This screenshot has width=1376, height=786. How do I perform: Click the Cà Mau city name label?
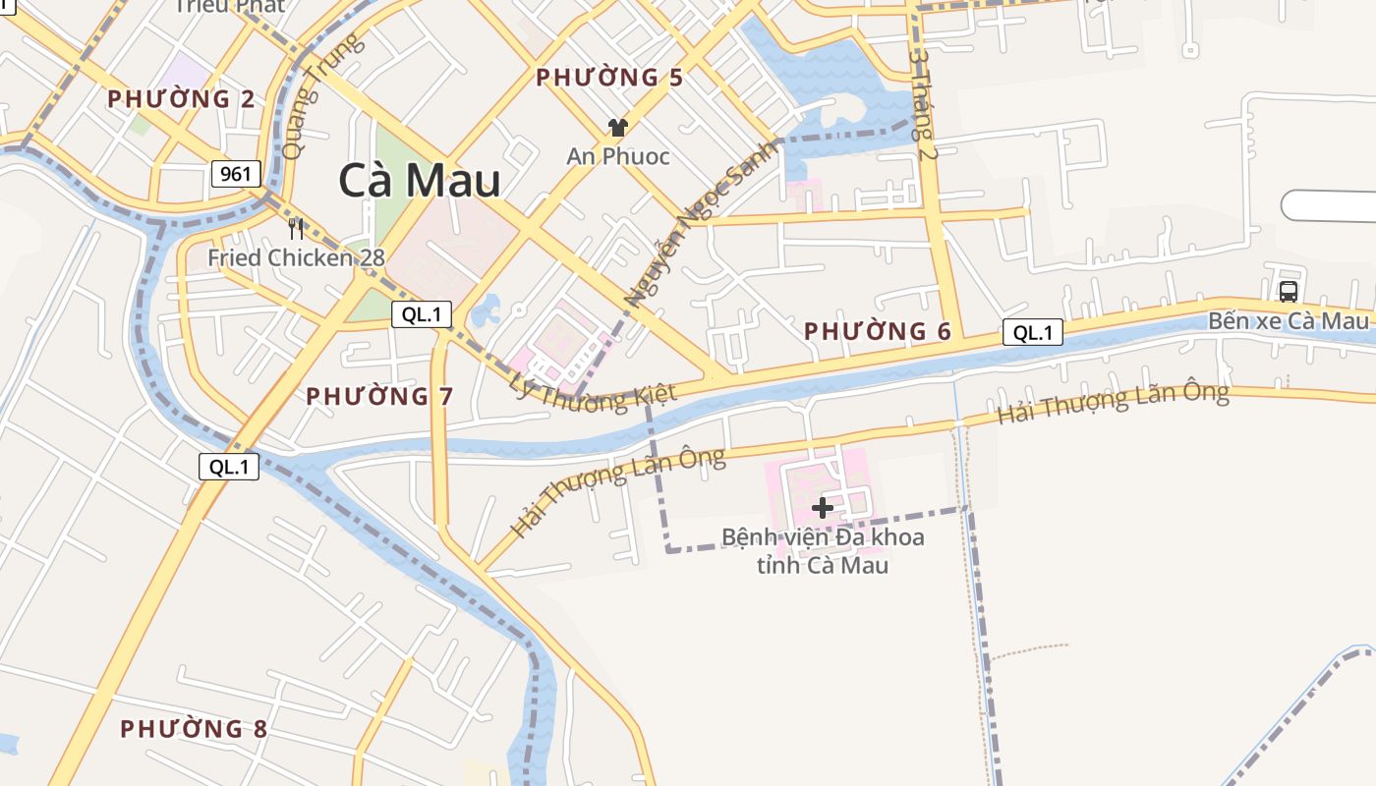click(x=420, y=181)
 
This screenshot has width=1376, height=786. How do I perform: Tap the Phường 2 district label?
click(x=181, y=99)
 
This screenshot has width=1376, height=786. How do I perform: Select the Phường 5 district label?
click(x=609, y=78)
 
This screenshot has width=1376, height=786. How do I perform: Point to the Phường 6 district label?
click(x=878, y=332)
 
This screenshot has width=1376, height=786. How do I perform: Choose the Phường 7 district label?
click(x=379, y=397)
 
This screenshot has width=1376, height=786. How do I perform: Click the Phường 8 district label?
click(x=194, y=729)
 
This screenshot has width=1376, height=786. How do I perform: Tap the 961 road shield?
click(x=236, y=175)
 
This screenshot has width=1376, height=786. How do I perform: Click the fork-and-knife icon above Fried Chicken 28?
click(x=296, y=229)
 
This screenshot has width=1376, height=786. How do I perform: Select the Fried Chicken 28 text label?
click(x=296, y=258)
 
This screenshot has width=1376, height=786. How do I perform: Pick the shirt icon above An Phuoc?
click(x=617, y=127)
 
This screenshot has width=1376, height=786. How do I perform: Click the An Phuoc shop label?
click(x=618, y=156)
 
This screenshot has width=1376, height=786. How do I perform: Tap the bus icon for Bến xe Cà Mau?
click(x=1288, y=291)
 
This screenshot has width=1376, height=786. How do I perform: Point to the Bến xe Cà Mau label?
click(x=1288, y=321)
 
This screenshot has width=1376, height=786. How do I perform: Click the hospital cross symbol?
click(x=823, y=507)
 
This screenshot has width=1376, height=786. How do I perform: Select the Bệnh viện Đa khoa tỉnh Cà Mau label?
click(x=823, y=551)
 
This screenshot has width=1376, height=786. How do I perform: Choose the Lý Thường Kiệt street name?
click(x=594, y=388)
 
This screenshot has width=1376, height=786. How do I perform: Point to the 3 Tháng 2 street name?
click(x=923, y=106)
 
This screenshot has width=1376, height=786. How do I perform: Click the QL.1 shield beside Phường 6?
click(x=1033, y=332)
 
